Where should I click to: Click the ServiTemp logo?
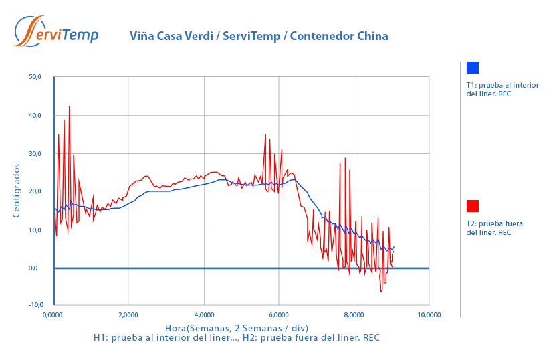[x=57, y=31]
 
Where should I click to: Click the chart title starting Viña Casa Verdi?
[x=258, y=36]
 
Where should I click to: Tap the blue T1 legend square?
[x=473, y=68]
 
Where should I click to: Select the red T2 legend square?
[x=473, y=206]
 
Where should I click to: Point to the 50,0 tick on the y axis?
[x=35, y=77]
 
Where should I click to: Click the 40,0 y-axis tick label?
[x=35, y=116]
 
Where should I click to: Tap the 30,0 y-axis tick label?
[x=35, y=154]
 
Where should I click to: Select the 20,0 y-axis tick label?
[x=35, y=191]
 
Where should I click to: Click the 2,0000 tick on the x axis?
[x=128, y=314]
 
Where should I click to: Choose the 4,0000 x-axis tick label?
[x=203, y=314]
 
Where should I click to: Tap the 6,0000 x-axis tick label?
[x=278, y=314]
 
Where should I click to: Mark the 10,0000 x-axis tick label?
[x=428, y=314]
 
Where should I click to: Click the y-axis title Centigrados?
[x=17, y=191]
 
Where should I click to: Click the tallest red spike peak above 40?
[x=69, y=107]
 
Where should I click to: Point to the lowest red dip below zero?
[x=380, y=292]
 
